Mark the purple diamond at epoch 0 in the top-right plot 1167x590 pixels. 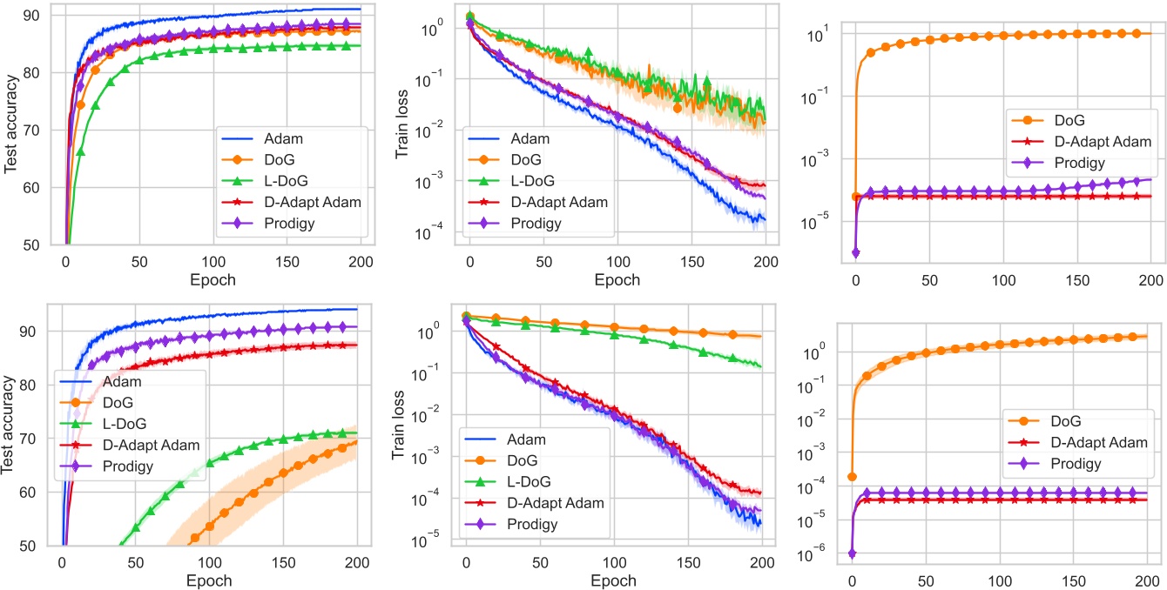pos(855,253)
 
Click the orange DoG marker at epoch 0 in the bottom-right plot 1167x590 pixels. pos(852,477)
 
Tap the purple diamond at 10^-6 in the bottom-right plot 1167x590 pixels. pos(852,553)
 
